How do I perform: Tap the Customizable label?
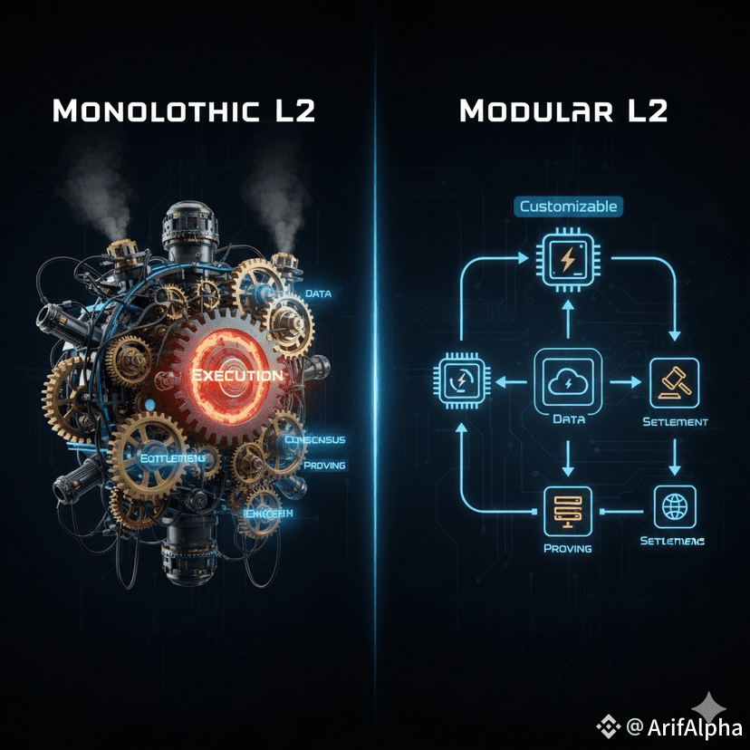coord(568,207)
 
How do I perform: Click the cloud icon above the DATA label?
coord(568,380)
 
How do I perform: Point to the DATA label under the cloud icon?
coord(568,419)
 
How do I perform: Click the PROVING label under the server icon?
coord(568,548)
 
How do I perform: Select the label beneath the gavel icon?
coord(674,422)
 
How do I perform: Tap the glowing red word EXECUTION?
coord(236,374)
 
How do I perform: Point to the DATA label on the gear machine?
coord(317,293)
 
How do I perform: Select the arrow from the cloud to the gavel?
coord(621,381)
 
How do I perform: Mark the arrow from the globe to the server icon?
coord(620,509)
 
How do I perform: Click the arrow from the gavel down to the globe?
coord(674,457)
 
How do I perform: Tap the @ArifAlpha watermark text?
coord(683,726)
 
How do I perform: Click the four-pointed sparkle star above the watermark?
coord(709,706)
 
